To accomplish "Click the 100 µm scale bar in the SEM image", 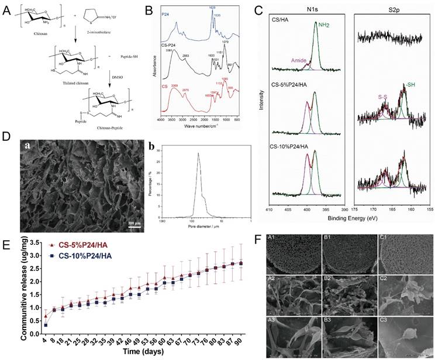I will coord(134,223).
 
